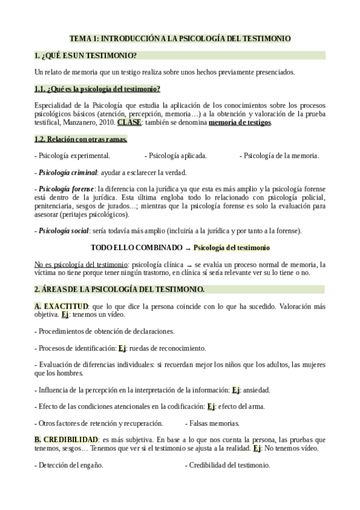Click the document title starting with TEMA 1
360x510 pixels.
click(x=180, y=38)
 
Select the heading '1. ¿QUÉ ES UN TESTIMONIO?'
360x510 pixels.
click(x=86, y=56)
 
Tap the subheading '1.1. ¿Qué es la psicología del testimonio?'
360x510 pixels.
click(x=97, y=90)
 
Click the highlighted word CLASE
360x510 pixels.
click(x=129, y=123)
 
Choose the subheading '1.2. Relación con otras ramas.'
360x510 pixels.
click(x=81, y=140)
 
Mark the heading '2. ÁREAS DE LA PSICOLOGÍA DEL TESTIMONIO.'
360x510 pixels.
click(x=120, y=289)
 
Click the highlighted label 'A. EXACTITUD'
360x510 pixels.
click(x=62, y=306)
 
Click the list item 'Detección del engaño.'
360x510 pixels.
click(x=70, y=465)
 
